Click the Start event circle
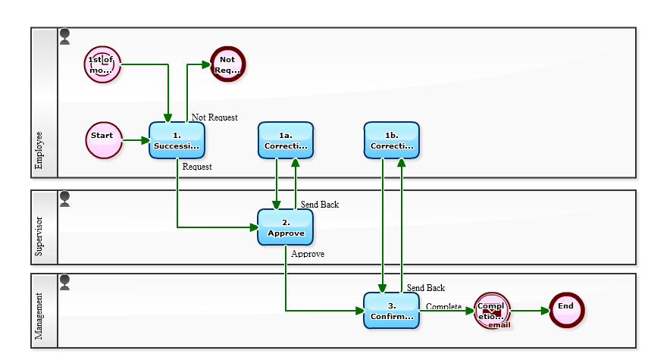click(x=104, y=140)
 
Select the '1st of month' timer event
click(x=102, y=65)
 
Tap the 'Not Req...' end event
click(x=227, y=65)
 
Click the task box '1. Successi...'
click(x=177, y=140)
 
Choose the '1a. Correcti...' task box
click(x=286, y=140)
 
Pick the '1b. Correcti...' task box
click(x=392, y=140)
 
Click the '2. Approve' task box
click(x=286, y=227)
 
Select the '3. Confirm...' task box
click(x=392, y=311)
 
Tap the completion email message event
click(x=493, y=311)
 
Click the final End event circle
click(x=567, y=311)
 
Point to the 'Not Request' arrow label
click(x=214, y=117)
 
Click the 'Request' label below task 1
click(x=197, y=167)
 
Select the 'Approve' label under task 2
click(x=308, y=254)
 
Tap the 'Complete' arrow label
click(x=443, y=306)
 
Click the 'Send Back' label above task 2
click(x=320, y=205)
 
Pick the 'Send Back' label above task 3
click(x=426, y=288)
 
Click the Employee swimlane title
click(x=39, y=149)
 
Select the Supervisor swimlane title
click(x=39, y=237)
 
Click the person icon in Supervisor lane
click(x=64, y=199)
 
